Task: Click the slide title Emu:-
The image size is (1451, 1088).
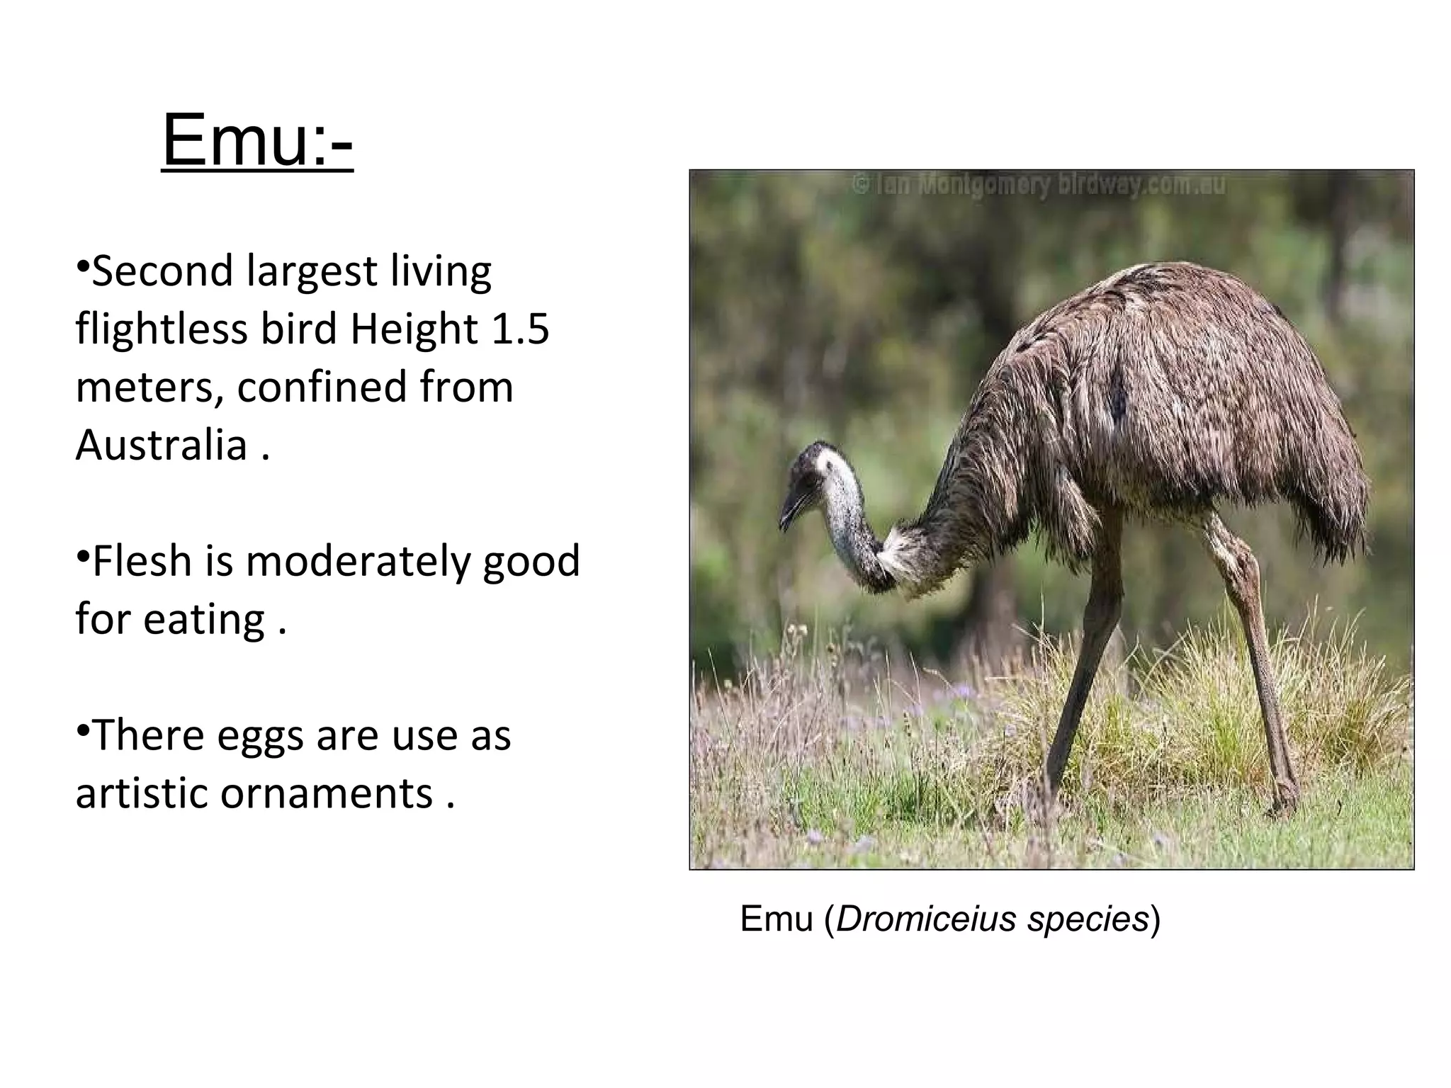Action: [x=256, y=140]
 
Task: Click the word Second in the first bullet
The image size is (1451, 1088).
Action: [x=162, y=271]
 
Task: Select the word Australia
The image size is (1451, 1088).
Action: [x=161, y=446]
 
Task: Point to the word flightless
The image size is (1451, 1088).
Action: [x=161, y=329]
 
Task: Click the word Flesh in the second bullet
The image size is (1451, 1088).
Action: [x=142, y=562]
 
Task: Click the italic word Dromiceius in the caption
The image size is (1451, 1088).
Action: [x=927, y=919]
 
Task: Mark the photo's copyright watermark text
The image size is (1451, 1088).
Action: [x=1037, y=186]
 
